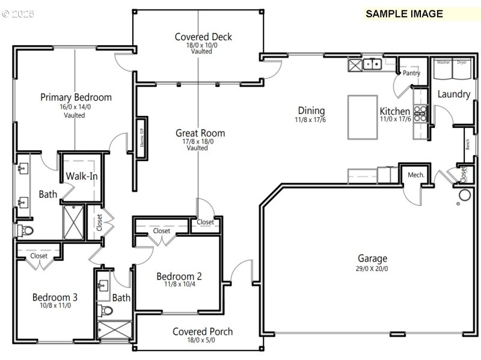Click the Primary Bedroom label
(x=76, y=97)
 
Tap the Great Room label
(x=200, y=133)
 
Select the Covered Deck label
(x=203, y=37)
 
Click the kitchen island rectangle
(x=363, y=117)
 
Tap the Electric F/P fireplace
(x=142, y=138)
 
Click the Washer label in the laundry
(x=443, y=63)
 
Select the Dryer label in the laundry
(x=462, y=63)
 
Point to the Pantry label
(x=411, y=73)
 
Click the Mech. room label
(x=416, y=175)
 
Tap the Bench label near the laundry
(x=467, y=145)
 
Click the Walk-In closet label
(x=82, y=176)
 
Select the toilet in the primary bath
(x=25, y=230)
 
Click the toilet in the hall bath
(x=106, y=311)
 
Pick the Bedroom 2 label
(x=179, y=276)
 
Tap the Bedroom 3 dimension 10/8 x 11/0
(x=55, y=305)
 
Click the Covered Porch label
(x=203, y=331)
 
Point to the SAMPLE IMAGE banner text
(x=404, y=14)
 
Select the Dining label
(x=311, y=111)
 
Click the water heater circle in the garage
(x=464, y=195)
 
